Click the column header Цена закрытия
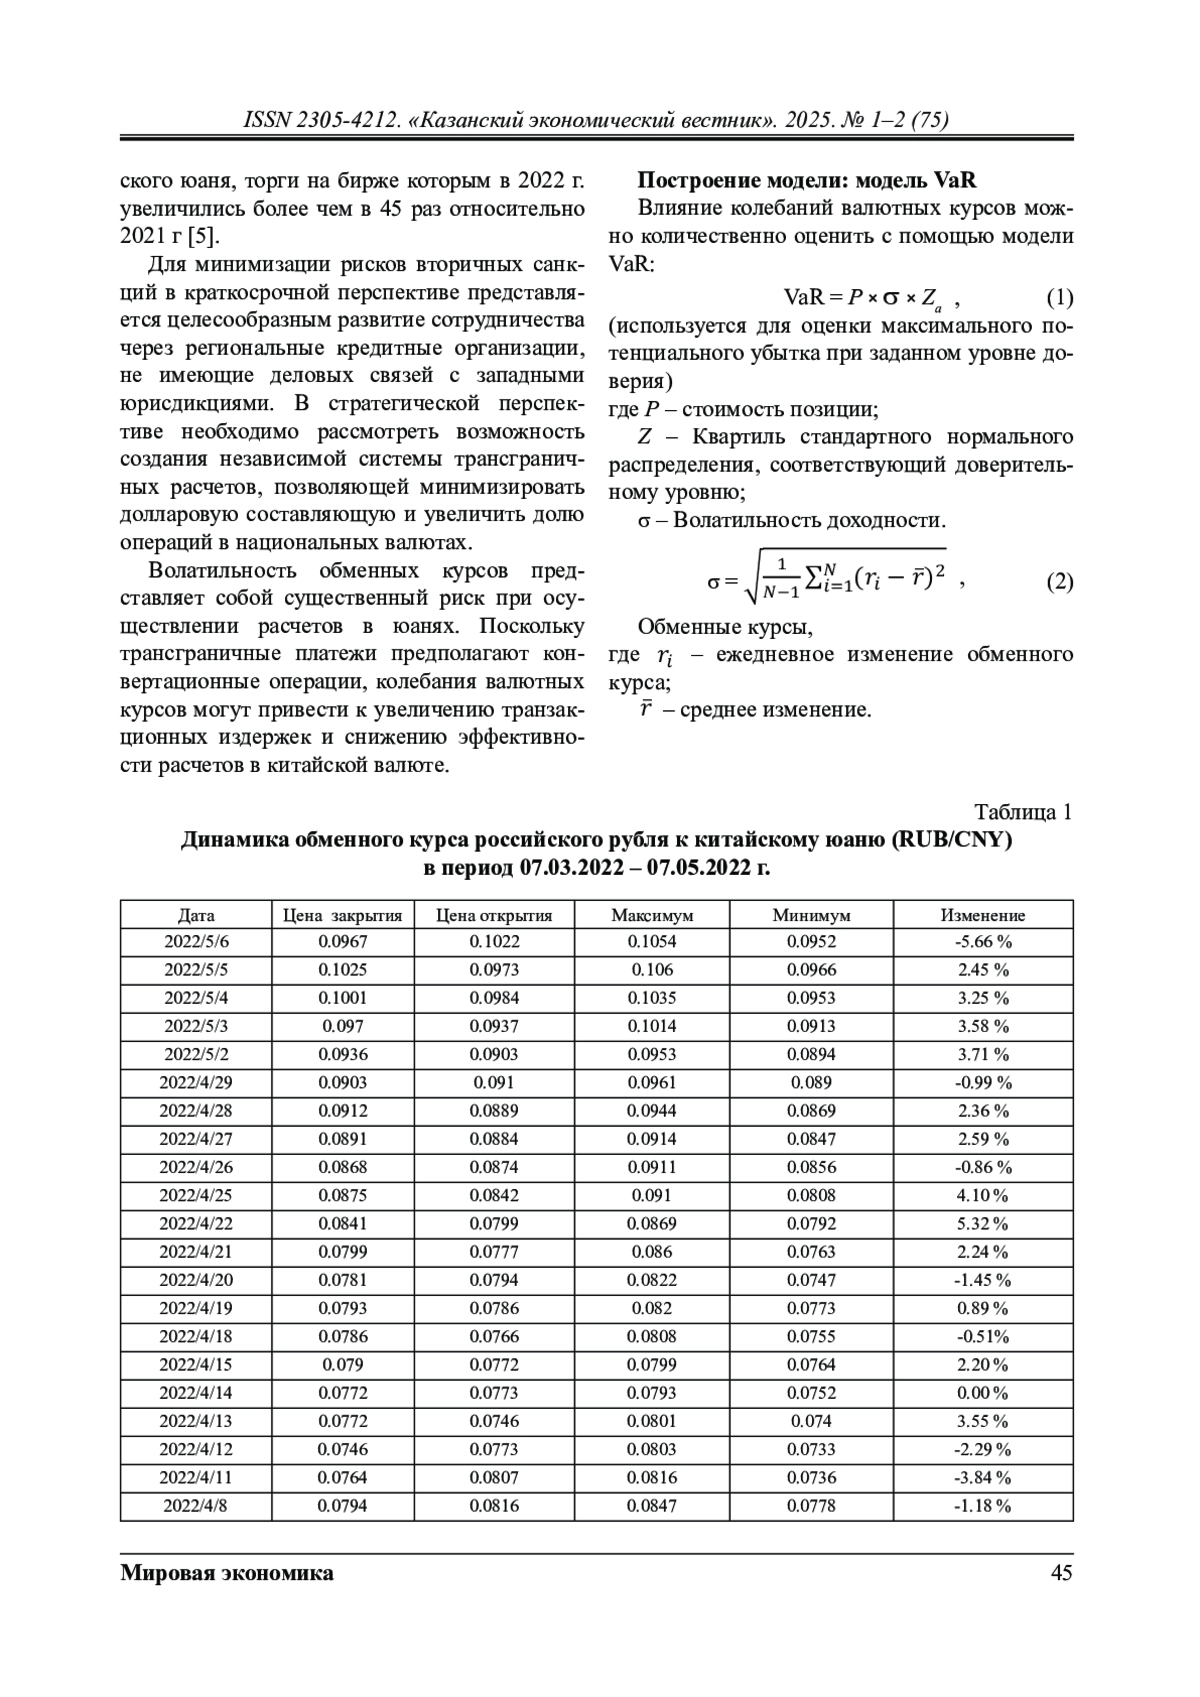342,915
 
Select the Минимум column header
811,915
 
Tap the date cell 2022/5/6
196,942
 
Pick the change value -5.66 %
983,942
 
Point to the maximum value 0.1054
652,942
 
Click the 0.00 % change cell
983,1393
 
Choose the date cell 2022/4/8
196,1506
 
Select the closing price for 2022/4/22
342,1224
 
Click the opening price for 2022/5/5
495,970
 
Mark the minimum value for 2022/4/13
811,1421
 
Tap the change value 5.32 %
983,1224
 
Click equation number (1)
1059,298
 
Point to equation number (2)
1059,582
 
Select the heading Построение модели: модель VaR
807,181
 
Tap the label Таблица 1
1023,812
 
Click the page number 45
1062,1574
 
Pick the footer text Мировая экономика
227,1574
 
